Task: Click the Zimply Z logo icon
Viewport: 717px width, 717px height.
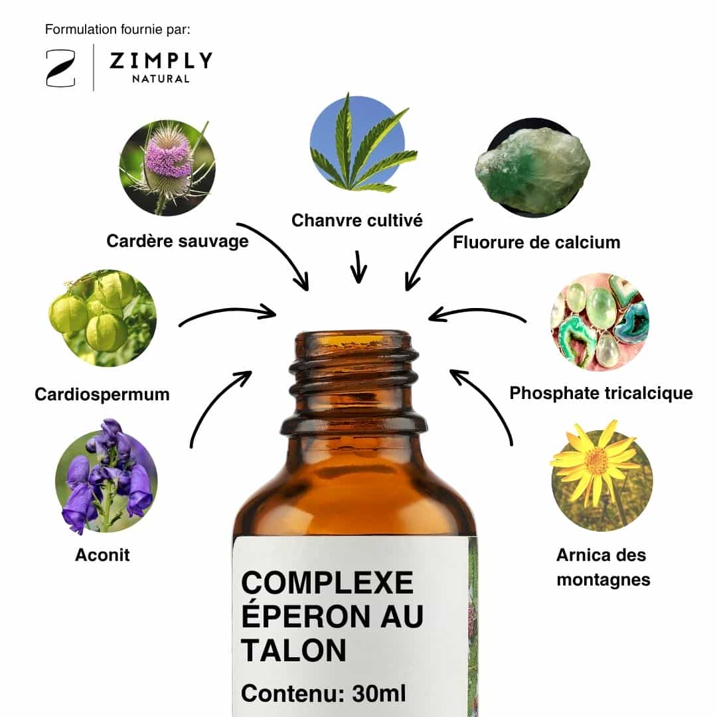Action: coord(61,68)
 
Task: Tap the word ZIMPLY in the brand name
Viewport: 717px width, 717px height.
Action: coord(161,61)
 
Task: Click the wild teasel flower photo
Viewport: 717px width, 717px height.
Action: coord(167,168)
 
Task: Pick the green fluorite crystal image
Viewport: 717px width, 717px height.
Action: coord(532,168)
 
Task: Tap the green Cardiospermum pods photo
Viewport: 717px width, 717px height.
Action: coord(102,318)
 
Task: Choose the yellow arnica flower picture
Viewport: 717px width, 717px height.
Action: coord(601,475)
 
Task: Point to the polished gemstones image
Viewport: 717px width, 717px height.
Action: coord(599,323)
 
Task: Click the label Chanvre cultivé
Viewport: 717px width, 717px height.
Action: coord(357,220)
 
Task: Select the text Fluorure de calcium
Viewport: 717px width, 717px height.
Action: coord(536,242)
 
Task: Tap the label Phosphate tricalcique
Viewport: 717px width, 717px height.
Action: coord(601,393)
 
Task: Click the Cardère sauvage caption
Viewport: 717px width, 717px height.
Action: coord(177,241)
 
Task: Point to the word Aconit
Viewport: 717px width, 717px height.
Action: coord(102,554)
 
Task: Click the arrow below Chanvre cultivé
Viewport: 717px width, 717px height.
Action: coord(358,267)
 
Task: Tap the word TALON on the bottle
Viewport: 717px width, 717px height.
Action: coord(293,650)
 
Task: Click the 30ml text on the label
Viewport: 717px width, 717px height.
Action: coord(378,694)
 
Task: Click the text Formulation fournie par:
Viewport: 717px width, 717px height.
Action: coord(118,30)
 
